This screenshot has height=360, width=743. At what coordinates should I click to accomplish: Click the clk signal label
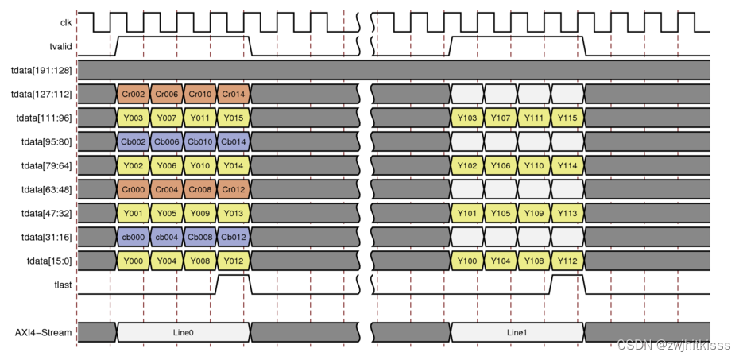tap(66, 22)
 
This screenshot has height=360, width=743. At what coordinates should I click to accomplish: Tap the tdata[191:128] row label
tap(39, 70)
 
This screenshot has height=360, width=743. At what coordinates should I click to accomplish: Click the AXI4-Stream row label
tap(44, 331)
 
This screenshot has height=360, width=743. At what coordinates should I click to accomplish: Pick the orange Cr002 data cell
tap(134, 94)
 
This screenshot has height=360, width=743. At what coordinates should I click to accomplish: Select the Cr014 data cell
tap(234, 94)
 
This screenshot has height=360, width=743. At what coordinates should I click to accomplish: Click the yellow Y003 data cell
tap(134, 118)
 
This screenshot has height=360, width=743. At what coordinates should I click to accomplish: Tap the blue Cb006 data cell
tap(167, 141)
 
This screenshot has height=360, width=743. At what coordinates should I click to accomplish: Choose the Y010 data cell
tap(200, 165)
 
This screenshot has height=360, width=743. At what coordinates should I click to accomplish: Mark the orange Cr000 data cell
tap(134, 189)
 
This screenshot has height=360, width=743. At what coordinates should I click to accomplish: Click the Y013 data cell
tap(234, 213)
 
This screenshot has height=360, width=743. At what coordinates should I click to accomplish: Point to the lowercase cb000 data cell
tap(134, 237)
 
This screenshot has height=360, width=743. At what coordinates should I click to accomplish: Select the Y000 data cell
tap(134, 261)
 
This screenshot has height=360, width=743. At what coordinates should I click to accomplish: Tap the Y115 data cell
tap(567, 118)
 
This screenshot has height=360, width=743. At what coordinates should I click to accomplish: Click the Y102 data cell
tap(467, 165)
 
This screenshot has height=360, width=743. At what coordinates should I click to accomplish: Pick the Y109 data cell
tap(534, 213)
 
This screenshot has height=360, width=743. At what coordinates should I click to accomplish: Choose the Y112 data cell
tap(567, 261)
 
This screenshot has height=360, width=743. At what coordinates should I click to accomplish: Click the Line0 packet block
tap(184, 331)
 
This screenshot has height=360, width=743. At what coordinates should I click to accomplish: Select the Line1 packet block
tap(517, 331)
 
